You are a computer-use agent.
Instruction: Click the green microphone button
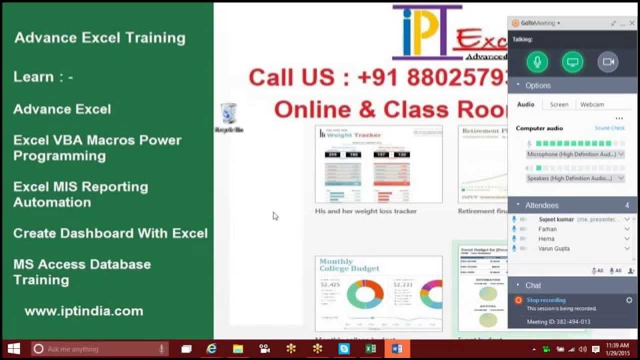(x=537, y=62)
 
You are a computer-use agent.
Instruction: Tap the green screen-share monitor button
(x=572, y=62)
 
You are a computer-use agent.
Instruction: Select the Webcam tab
(x=592, y=104)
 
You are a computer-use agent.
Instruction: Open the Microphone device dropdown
(x=575, y=154)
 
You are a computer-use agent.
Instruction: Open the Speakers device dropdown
(x=575, y=178)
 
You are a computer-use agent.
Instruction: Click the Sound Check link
(x=609, y=128)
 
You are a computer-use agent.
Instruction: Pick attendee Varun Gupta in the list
(x=554, y=248)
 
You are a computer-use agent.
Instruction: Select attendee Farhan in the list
(x=547, y=229)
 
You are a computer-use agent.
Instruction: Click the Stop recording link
(x=546, y=300)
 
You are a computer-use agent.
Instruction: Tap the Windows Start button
(x=13, y=349)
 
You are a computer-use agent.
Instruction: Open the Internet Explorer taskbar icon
(x=211, y=349)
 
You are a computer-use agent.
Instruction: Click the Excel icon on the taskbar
(x=370, y=349)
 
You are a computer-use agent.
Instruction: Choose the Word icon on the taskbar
(x=397, y=349)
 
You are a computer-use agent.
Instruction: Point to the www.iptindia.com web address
(x=84, y=311)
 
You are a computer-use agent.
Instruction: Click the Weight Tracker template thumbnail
(x=378, y=164)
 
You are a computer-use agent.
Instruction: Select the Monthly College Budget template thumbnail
(x=378, y=293)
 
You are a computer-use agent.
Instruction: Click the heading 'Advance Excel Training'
(x=100, y=38)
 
